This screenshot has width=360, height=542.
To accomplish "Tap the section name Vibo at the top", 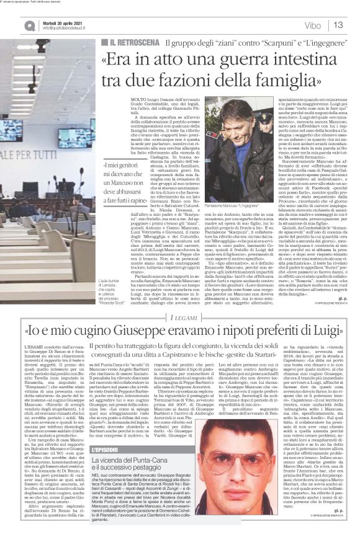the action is [313, 25].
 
